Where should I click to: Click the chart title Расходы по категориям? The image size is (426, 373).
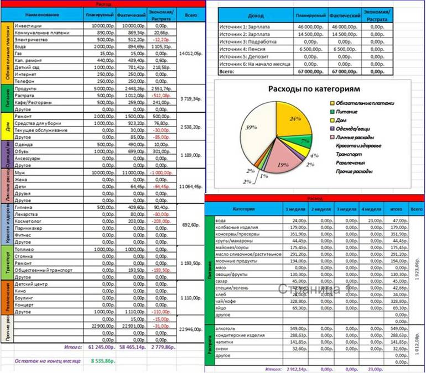click(314, 88)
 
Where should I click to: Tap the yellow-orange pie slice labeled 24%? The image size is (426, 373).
click(297, 119)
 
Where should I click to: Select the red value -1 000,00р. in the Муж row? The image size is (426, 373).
click(162, 173)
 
